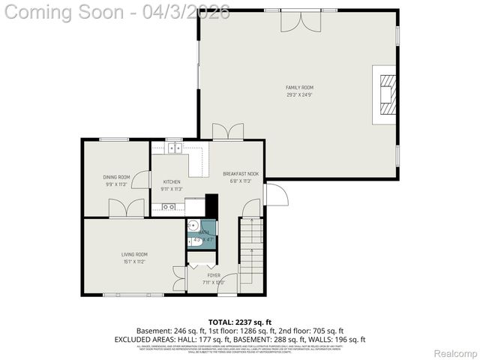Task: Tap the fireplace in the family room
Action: [x=386, y=92]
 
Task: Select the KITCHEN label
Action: [x=172, y=181]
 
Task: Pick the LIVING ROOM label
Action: [x=134, y=254]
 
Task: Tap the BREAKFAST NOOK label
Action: [x=241, y=174]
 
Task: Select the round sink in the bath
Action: [x=193, y=225]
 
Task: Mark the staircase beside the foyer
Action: [x=251, y=251]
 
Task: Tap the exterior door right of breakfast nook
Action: [x=275, y=194]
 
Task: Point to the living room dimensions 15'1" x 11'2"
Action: [x=134, y=262]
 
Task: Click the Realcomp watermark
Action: [x=456, y=353]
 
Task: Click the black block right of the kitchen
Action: [x=211, y=205]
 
